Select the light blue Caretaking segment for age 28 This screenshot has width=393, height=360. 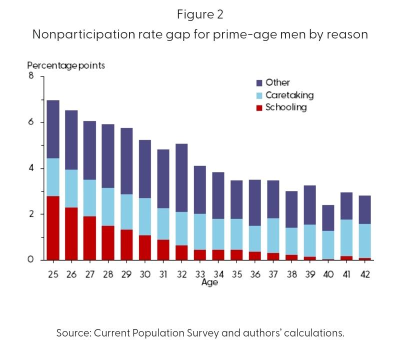coord(107,206)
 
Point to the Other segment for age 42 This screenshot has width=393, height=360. coord(365,209)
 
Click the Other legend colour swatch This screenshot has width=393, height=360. coord(259,83)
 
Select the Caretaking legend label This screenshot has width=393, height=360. coord(289,95)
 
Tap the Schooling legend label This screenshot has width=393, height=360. coord(286,107)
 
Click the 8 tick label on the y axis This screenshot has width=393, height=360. coord(31,76)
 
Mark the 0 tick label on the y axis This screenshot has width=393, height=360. coord(31,260)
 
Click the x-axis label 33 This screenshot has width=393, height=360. coord(200,274)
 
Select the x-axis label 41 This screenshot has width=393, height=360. coord(346,274)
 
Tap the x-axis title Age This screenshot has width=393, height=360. coord(209,282)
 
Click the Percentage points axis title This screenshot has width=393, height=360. coord(65,65)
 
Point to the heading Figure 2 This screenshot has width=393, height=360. coord(199,14)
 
